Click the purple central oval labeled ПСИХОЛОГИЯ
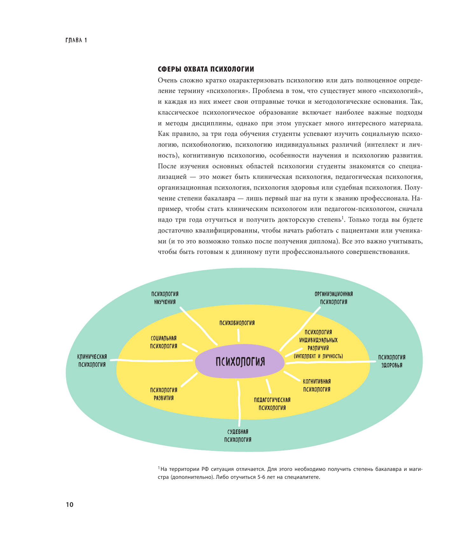coord(240,361)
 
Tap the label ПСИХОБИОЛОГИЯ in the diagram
coord(237,323)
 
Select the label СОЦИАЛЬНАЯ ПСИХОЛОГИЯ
coord(164,342)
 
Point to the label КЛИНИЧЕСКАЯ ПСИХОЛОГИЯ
coord(92,361)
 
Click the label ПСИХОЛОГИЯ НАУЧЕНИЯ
coord(165,298)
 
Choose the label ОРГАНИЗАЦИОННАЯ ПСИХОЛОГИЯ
coord(333,298)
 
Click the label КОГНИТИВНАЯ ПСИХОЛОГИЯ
coord(317,385)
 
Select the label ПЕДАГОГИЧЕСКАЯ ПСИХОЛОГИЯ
coord(272,404)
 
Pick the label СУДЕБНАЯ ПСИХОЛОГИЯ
coord(238,436)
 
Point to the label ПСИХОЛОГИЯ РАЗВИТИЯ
coord(164,394)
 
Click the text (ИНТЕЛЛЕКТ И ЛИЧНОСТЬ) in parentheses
coord(318,356)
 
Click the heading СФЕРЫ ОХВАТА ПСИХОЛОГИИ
coord(206,69)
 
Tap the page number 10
coord(69,505)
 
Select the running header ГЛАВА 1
coord(76,40)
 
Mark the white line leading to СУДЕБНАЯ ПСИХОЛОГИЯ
coord(239,404)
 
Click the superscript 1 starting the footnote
coord(159,468)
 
